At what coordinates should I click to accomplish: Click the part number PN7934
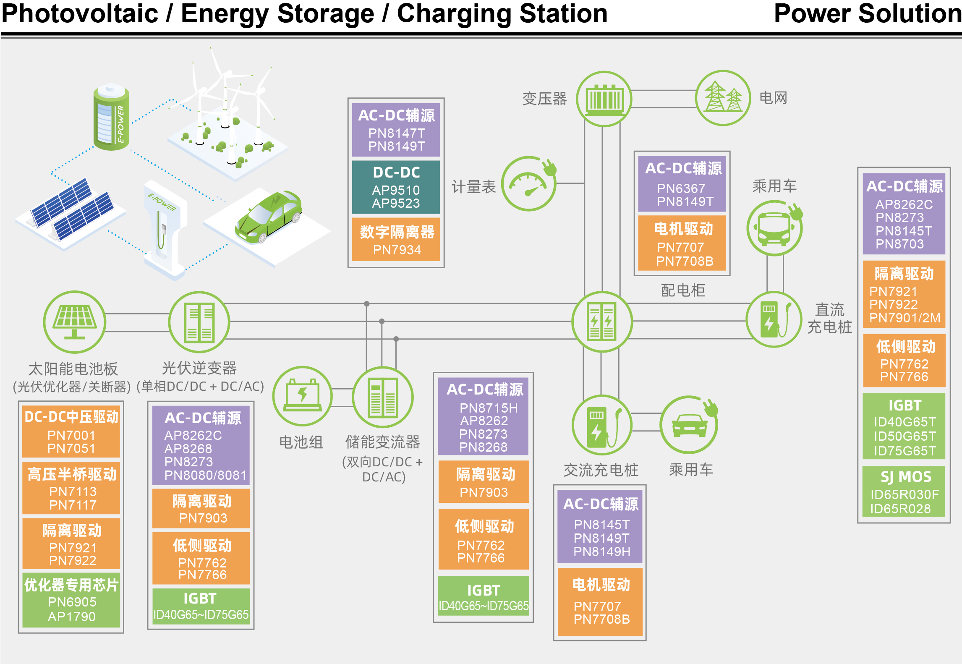click(397, 250)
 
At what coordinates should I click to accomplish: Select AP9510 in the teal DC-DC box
click(396, 190)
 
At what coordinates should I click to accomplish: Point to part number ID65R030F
click(904, 494)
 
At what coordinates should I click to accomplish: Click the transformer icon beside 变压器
click(604, 99)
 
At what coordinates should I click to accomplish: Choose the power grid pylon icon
click(722, 98)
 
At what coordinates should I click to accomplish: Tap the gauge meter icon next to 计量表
click(528, 184)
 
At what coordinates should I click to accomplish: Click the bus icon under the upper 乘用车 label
click(774, 228)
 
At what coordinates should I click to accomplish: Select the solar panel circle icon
click(74, 322)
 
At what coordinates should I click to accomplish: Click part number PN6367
click(681, 188)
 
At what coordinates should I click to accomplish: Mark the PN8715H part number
click(488, 408)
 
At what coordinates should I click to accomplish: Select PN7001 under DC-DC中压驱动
click(71, 435)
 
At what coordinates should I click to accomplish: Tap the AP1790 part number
click(71, 617)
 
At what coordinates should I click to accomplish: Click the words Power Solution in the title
click(867, 13)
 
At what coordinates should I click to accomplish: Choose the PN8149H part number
click(602, 552)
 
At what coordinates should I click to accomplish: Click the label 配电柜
click(683, 290)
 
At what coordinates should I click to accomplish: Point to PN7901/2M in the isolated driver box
click(904, 318)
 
